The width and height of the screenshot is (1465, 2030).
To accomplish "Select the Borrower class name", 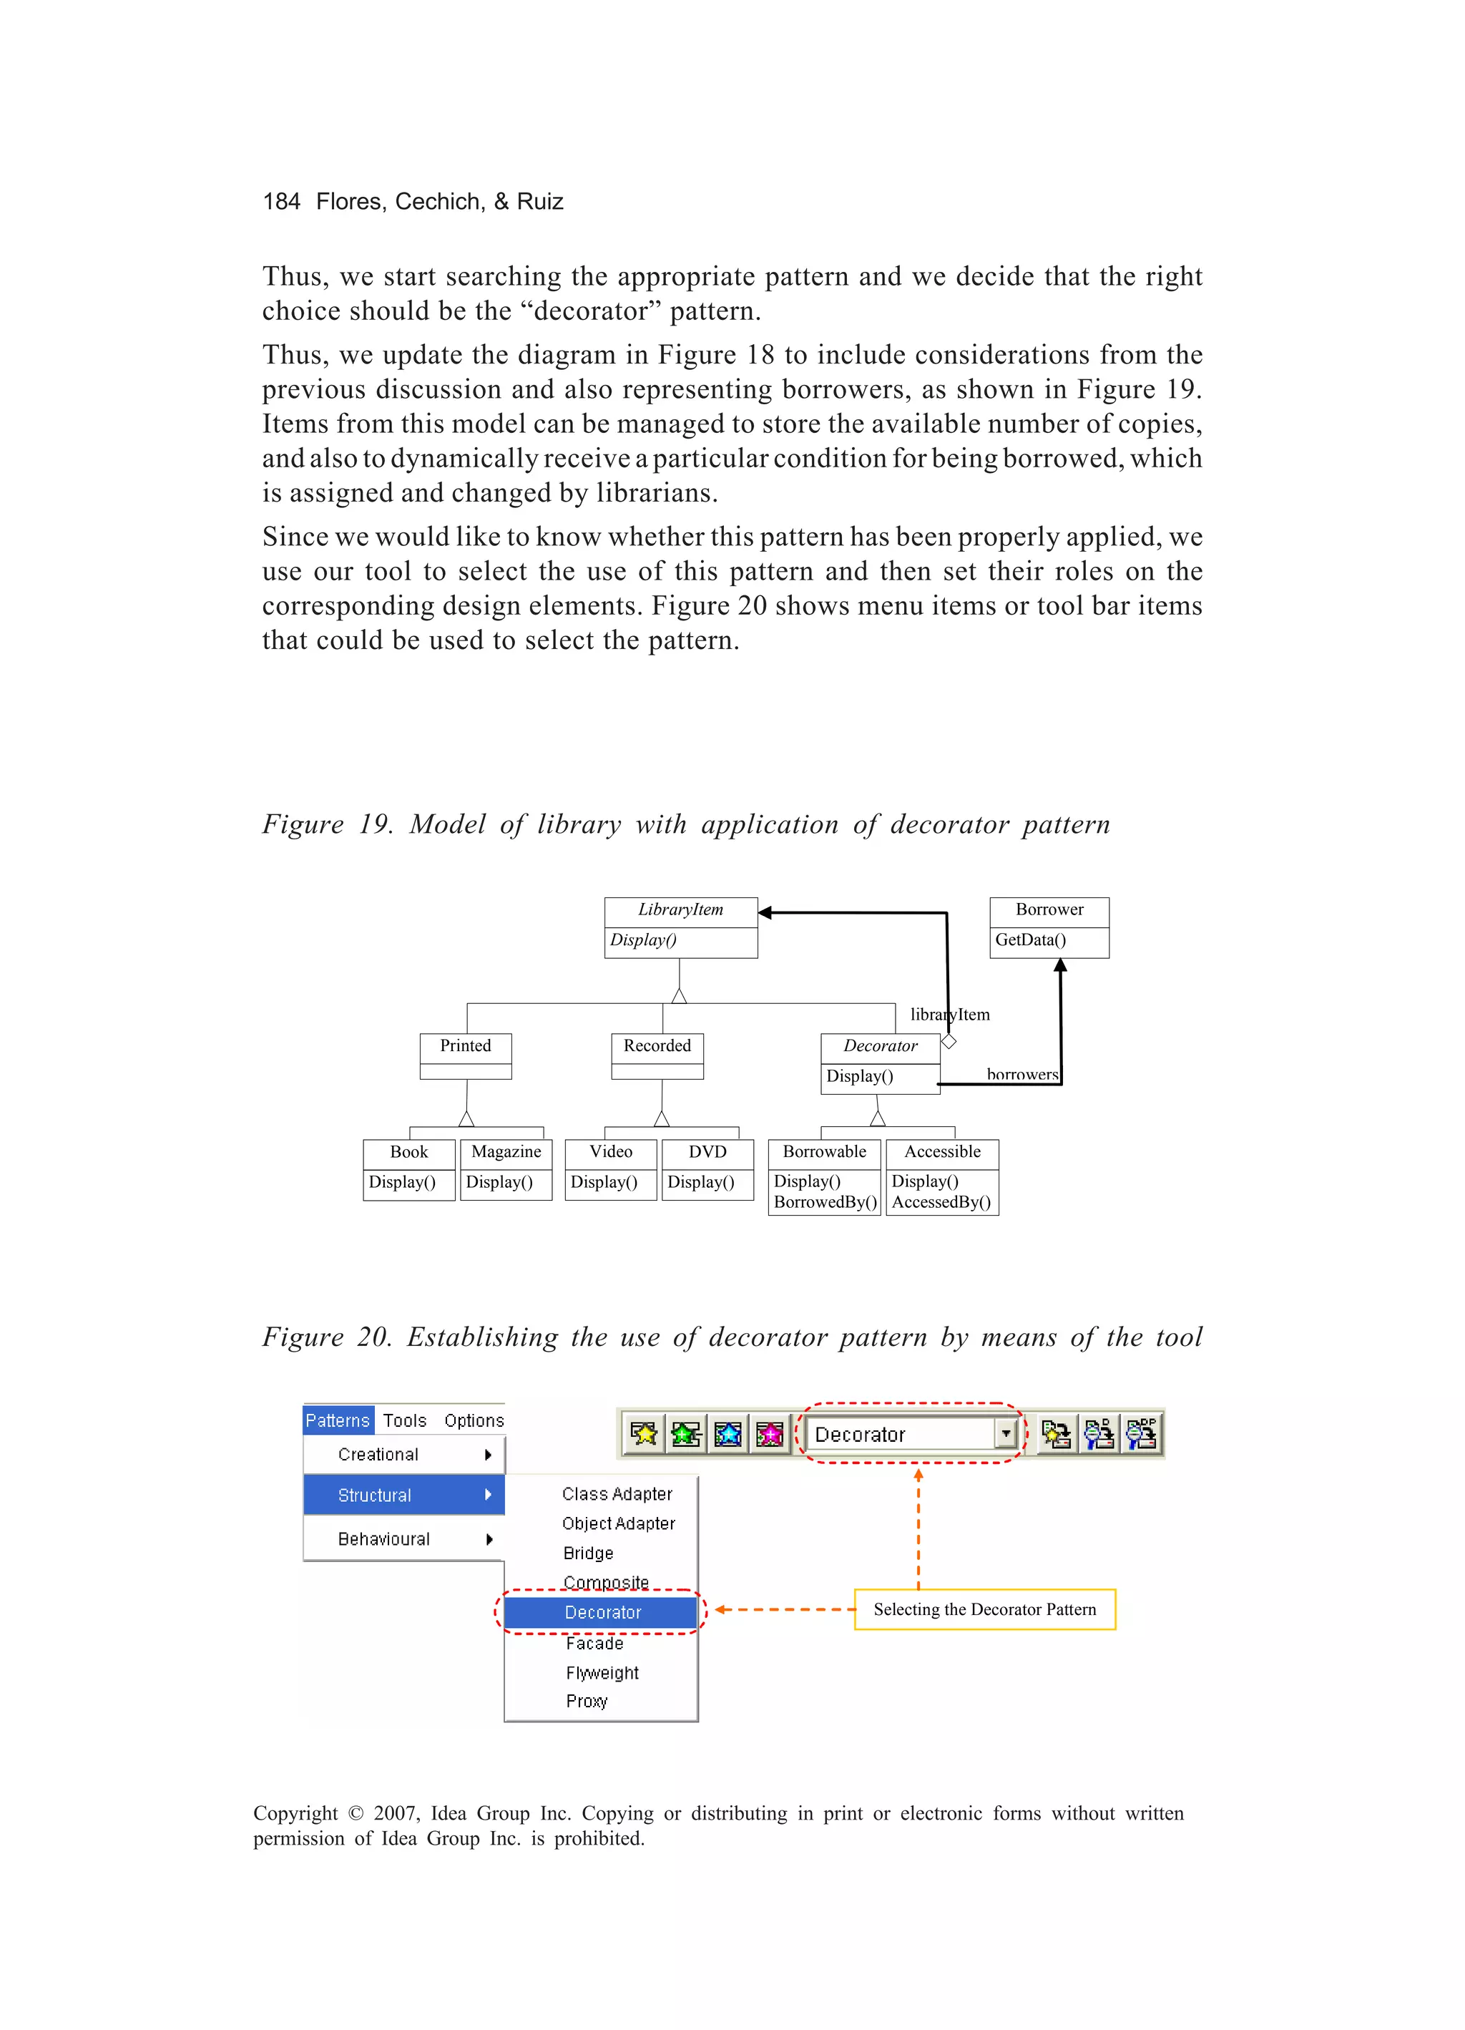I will tap(1049, 910).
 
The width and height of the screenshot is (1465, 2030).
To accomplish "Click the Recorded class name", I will tap(657, 1046).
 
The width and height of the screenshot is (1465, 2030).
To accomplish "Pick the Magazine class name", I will tap(506, 1153).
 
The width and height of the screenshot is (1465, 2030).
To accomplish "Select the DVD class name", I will tap(707, 1153).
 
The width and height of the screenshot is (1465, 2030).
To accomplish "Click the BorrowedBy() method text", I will tap(825, 1203).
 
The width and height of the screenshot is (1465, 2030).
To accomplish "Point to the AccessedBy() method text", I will tap(941, 1203).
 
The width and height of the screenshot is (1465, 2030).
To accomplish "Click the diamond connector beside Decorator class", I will tap(949, 1042).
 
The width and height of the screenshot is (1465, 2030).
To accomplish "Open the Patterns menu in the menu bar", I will tap(338, 1421).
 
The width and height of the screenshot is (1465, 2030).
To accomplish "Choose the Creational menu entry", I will tap(378, 1455).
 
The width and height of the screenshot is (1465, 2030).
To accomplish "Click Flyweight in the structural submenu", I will tap(602, 1674).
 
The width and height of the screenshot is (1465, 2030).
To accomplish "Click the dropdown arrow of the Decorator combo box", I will tap(1006, 1435).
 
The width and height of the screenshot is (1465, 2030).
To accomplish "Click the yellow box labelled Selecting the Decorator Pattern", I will tap(984, 1610).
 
